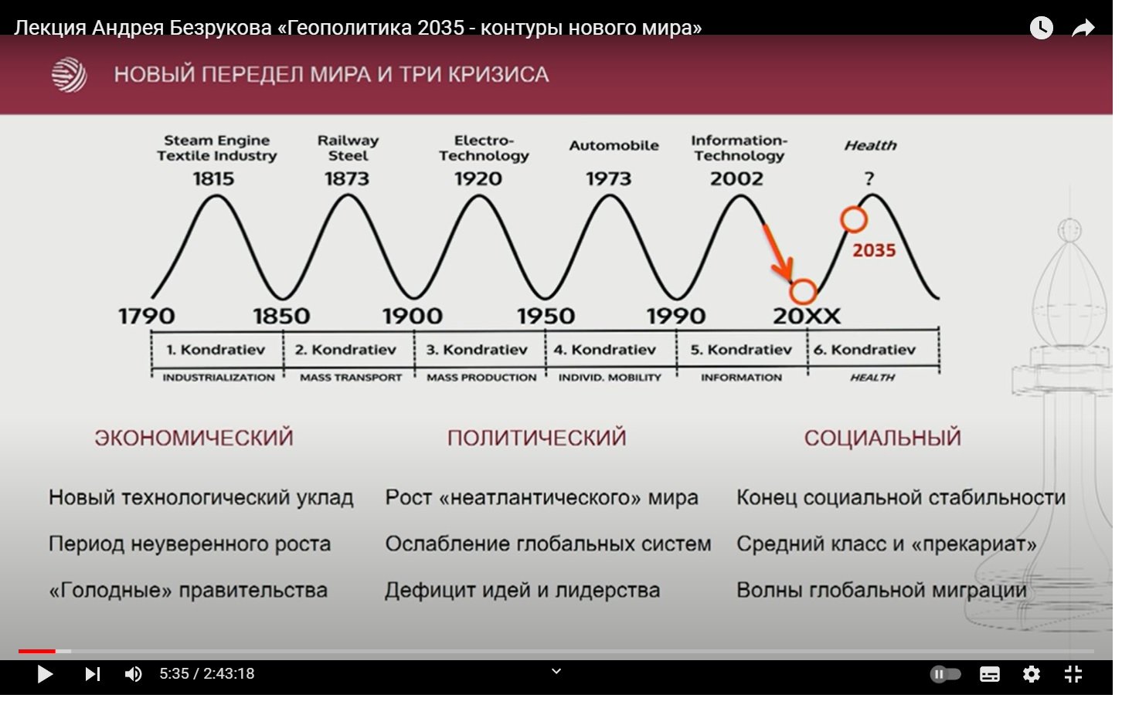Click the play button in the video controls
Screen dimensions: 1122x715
pos(45,674)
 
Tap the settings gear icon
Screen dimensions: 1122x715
pos(1032,674)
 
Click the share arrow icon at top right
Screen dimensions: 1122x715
pos(1083,28)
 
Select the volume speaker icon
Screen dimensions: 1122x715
pos(133,674)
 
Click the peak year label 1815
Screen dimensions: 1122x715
pos(214,178)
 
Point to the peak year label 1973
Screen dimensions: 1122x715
pos(609,178)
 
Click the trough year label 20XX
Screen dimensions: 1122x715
pos(807,316)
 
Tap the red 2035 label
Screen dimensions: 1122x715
pos(874,250)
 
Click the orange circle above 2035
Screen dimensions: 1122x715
pos(854,207)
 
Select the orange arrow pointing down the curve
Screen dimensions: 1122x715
pos(777,252)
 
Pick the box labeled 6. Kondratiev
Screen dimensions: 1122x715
pos(873,349)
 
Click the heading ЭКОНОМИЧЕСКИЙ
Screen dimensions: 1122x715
pos(194,437)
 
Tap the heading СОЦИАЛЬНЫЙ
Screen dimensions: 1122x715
pos(882,437)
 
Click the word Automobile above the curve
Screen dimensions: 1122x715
pos(614,146)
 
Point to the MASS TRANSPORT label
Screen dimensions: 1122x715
pos(351,378)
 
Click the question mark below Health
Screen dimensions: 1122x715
pos(869,178)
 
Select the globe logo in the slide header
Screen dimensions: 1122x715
pos(69,75)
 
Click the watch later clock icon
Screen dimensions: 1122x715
pos(1042,28)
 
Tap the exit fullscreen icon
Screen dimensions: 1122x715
pos(1073,674)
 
